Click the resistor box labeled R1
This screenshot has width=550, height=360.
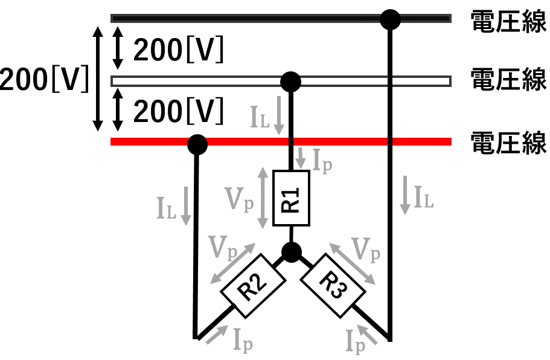[x=291, y=198]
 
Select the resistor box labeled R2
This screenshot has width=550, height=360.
[x=253, y=286]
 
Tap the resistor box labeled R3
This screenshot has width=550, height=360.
[x=333, y=286]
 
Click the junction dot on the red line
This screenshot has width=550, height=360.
[x=197, y=144]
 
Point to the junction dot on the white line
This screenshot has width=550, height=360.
[x=291, y=82]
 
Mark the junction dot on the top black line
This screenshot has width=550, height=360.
[x=390, y=20]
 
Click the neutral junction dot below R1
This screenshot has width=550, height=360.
[x=292, y=252]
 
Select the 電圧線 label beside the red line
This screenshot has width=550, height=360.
[x=508, y=143]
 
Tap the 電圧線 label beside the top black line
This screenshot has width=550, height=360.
[x=508, y=21]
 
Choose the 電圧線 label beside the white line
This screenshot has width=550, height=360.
[x=508, y=79]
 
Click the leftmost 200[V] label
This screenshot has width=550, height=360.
[x=44, y=79]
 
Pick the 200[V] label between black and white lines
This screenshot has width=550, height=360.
[x=178, y=50]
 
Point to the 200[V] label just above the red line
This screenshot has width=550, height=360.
[x=178, y=111]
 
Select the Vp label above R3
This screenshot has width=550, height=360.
[x=366, y=250]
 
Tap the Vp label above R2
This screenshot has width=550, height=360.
[x=222, y=248]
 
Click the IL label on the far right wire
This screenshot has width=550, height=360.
[x=424, y=198]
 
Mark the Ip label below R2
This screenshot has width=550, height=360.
[x=243, y=340]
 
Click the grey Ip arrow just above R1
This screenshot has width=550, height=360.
[x=300, y=158]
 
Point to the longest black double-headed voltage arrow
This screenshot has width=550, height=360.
[x=98, y=79]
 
